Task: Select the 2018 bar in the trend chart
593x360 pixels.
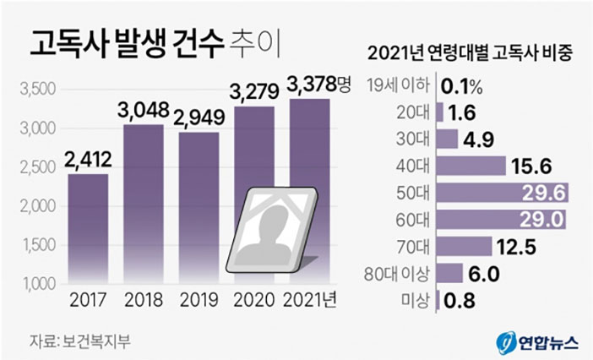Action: (x=143, y=203)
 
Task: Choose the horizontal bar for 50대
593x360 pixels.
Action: (x=502, y=193)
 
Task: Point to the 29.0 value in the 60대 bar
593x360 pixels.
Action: (x=544, y=220)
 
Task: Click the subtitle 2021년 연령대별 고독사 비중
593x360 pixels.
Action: (x=471, y=52)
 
